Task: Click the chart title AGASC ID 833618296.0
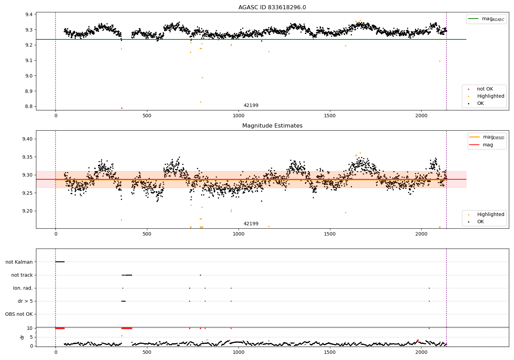(x=272, y=8)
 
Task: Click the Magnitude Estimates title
(x=272, y=126)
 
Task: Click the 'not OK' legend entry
(x=485, y=89)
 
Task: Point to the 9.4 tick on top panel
(x=29, y=14)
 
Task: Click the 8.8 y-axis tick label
(x=29, y=106)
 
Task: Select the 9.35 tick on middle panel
(x=27, y=157)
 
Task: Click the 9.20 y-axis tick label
(x=27, y=211)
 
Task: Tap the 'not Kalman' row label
(x=19, y=262)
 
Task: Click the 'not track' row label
(x=22, y=275)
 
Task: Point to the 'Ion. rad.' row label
(x=23, y=288)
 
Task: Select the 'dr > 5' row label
(x=25, y=301)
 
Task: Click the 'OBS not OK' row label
(x=19, y=314)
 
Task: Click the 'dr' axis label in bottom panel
(x=22, y=337)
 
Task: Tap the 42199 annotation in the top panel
(x=251, y=105)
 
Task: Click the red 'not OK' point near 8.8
(x=122, y=108)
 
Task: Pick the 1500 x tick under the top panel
(x=330, y=116)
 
